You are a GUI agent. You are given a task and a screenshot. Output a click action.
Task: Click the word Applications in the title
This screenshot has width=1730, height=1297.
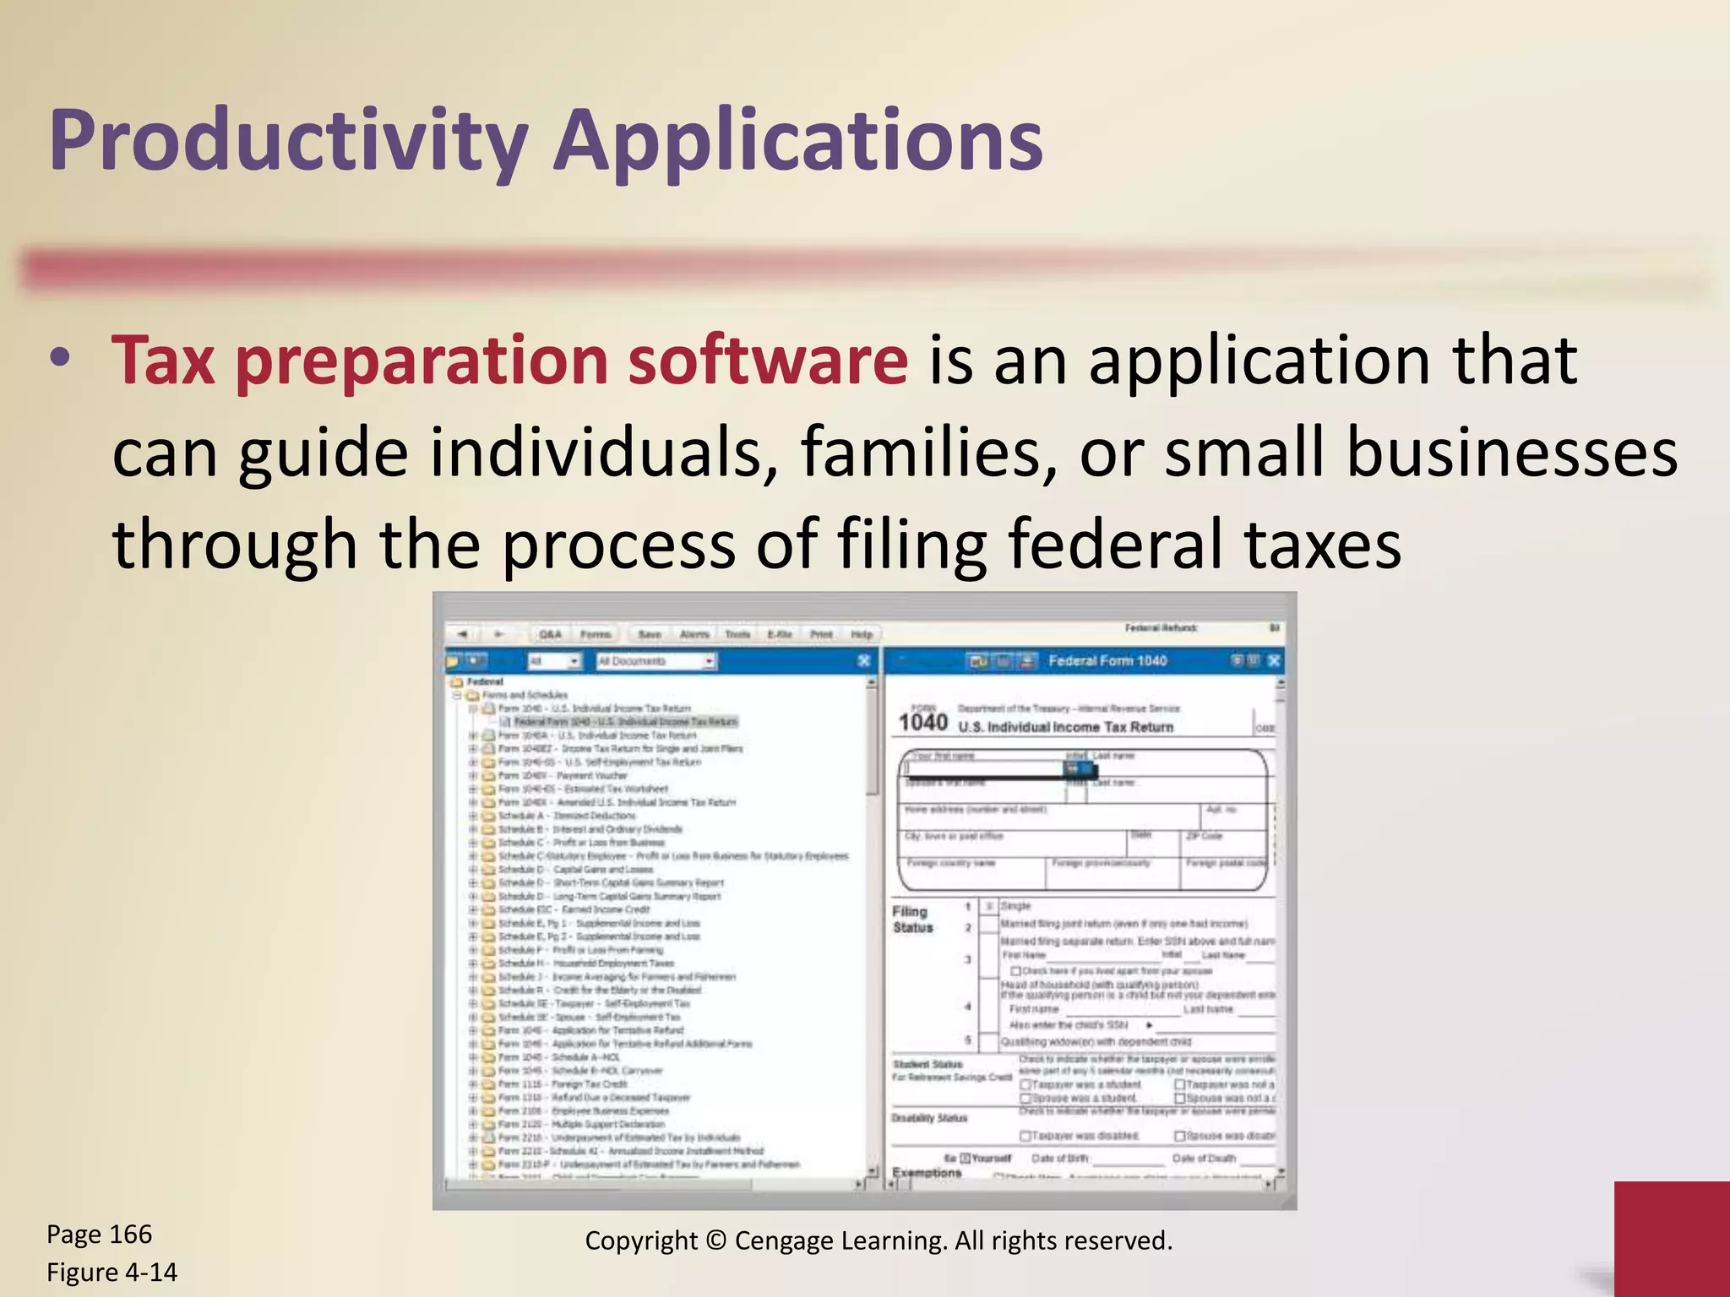click(x=798, y=142)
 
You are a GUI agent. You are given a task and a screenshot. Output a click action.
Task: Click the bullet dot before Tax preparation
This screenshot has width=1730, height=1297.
click(x=59, y=358)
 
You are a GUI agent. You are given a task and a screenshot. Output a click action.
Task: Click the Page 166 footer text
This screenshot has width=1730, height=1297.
click(x=99, y=1235)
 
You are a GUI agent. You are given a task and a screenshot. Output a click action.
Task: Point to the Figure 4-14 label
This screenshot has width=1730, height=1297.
click(x=112, y=1273)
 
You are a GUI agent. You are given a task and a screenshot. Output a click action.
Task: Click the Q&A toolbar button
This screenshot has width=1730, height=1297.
click(x=550, y=634)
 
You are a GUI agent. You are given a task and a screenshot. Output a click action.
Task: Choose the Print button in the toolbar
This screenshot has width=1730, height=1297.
click(x=821, y=634)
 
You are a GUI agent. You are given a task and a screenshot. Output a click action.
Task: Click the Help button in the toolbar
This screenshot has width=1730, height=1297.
click(x=862, y=634)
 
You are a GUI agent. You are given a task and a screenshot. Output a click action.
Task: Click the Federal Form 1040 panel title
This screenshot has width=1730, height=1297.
click(x=1107, y=660)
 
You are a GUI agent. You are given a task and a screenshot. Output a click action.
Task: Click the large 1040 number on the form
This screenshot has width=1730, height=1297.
click(x=922, y=722)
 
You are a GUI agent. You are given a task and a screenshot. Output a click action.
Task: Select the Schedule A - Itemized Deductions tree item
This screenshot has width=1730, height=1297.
click(x=567, y=816)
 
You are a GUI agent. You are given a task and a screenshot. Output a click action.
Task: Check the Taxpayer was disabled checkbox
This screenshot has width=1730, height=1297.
click(x=1025, y=1137)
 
